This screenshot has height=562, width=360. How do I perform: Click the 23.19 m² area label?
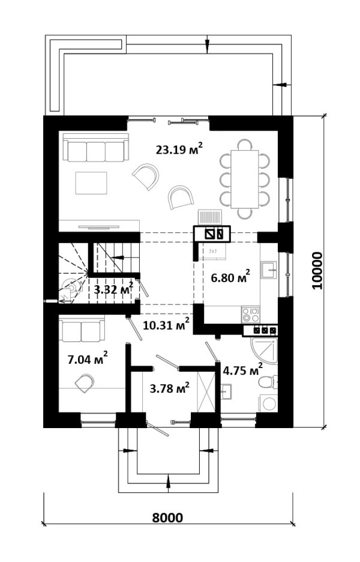coord(179,149)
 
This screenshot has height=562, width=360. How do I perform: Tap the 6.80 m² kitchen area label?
coord(230,277)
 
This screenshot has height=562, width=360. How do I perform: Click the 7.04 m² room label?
coord(88,358)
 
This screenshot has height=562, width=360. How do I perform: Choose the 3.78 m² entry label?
coord(169,388)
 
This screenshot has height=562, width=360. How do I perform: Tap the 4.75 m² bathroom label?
coord(243,369)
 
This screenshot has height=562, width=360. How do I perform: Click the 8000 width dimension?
coord(167,518)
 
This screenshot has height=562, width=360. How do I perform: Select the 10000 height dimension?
coord(317,271)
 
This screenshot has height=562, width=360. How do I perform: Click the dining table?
coord(245,179)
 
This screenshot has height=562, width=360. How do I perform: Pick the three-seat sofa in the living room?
coord(95,147)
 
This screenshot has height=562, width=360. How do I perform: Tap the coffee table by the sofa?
coord(91,183)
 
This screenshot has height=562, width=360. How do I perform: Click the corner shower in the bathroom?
coord(264,351)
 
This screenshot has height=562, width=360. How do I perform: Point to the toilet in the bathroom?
coord(268,382)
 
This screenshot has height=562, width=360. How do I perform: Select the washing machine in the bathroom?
coord(268,403)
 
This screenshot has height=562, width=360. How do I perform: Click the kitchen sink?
coord(269,270)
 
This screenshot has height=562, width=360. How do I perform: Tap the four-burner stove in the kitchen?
coord(251,315)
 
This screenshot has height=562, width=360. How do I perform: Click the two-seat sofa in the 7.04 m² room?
coord(82,330)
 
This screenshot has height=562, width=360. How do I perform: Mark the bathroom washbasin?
coord(226,391)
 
